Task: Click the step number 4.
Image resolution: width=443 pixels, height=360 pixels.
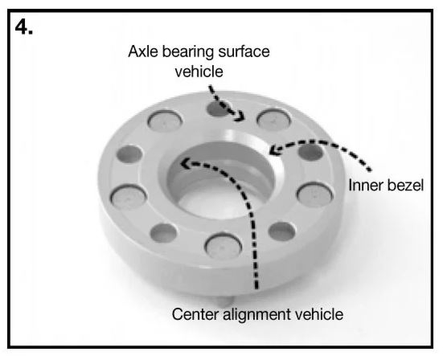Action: click(24, 27)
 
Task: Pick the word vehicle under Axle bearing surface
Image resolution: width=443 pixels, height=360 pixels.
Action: click(199, 72)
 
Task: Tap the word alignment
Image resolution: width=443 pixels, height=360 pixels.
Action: click(256, 315)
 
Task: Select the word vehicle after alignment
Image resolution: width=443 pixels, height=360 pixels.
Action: click(318, 314)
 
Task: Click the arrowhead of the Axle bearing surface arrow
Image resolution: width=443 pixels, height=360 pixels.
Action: click(240, 117)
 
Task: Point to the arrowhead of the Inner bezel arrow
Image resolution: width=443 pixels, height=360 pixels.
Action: click(274, 149)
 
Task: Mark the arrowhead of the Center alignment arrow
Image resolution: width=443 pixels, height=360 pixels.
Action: click(186, 163)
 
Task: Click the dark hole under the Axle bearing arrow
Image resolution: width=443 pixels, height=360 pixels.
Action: click(217, 108)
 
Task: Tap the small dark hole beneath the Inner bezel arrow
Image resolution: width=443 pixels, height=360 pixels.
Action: click(311, 152)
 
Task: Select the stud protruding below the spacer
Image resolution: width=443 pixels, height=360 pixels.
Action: click(225, 301)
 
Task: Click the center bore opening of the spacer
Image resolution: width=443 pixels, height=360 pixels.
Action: click(221, 181)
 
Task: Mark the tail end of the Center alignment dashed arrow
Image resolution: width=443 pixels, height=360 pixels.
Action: click(256, 288)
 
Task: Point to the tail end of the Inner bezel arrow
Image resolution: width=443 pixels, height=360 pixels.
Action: click(369, 170)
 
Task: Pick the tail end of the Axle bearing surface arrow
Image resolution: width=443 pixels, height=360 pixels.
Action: click(210, 87)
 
